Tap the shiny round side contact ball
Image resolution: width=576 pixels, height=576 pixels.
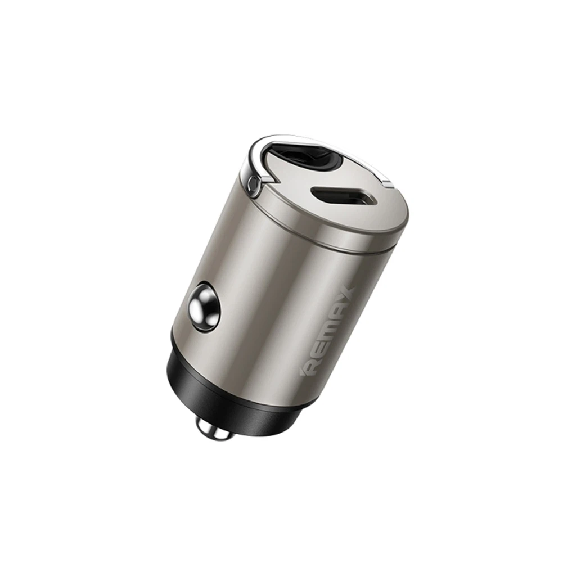(x=203, y=308)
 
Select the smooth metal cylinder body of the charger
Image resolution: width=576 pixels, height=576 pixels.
(x=270, y=292)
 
